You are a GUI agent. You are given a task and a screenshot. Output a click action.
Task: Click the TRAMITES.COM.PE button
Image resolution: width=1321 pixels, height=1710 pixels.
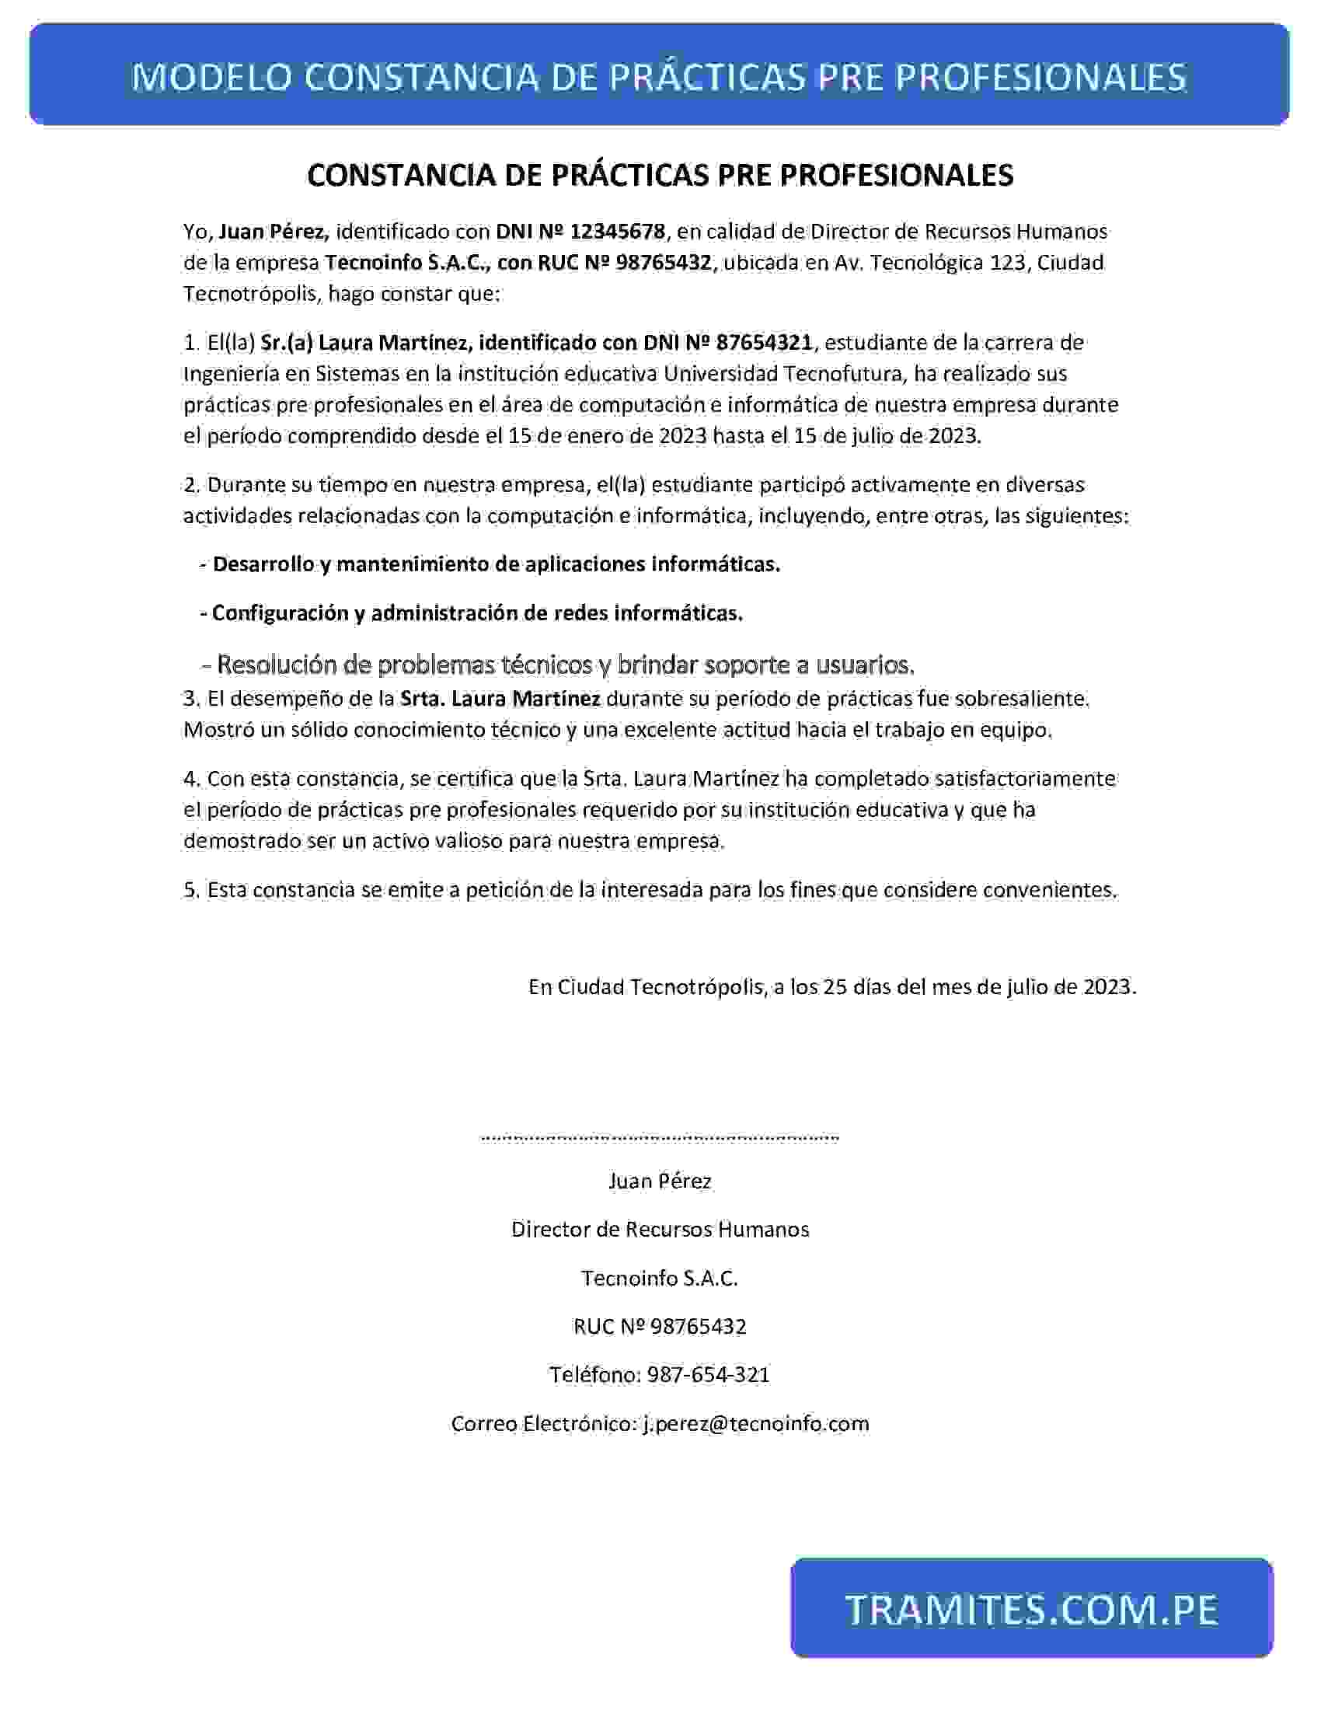pyautogui.click(x=1031, y=1608)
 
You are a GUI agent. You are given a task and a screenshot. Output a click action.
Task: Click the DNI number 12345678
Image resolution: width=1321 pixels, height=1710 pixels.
pyautogui.click(x=618, y=232)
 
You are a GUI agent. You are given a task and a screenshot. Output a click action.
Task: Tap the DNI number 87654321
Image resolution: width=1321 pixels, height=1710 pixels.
pyautogui.click(x=763, y=342)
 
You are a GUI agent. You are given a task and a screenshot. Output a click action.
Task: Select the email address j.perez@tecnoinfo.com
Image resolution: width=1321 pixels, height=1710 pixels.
pyautogui.click(x=755, y=1422)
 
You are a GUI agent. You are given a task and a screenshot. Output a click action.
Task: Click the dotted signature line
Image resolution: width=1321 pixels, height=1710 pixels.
pyautogui.click(x=659, y=1138)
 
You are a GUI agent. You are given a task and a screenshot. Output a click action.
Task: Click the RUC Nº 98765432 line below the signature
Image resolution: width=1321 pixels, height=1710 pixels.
pyautogui.click(x=660, y=1326)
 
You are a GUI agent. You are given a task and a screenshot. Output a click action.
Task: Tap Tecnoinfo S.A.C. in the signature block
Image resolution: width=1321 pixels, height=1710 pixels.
pyautogui.click(x=660, y=1278)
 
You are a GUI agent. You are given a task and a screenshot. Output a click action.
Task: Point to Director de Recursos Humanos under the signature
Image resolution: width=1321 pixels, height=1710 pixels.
pyautogui.click(x=660, y=1230)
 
